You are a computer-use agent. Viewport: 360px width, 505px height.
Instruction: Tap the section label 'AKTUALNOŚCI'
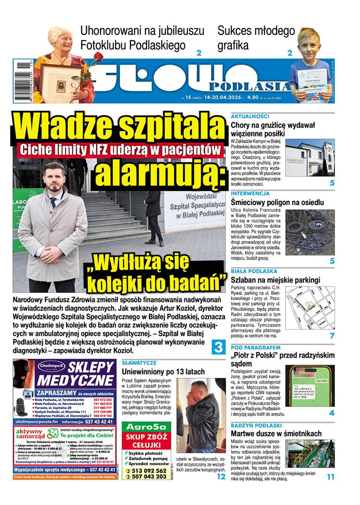coord(250,116)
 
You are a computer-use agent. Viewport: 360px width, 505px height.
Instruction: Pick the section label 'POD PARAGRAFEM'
coord(256,347)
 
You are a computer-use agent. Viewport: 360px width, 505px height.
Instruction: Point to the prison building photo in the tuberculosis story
coord(310,158)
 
